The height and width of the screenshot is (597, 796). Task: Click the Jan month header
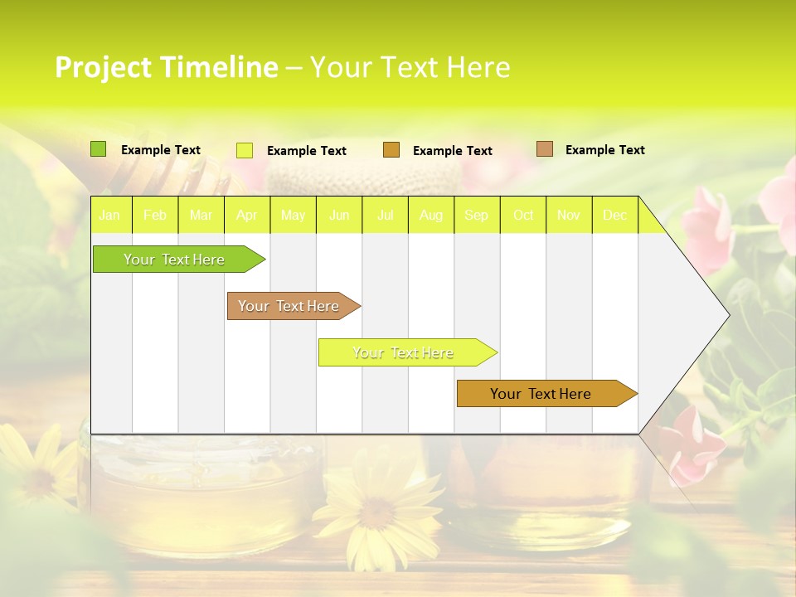coord(109,216)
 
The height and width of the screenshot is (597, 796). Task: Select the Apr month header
coord(247,216)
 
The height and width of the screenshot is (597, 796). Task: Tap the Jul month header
coord(385,216)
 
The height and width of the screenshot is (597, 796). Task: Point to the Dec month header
coord(614,216)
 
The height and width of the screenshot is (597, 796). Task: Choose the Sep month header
coord(476,216)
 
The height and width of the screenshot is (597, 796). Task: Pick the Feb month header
coord(155,216)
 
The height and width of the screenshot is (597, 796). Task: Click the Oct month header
coord(523,216)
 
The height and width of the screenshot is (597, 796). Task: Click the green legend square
coord(98,149)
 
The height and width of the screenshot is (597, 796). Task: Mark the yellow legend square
coord(245,150)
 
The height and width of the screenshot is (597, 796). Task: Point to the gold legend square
coord(391,150)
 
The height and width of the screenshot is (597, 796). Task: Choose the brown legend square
coord(544,149)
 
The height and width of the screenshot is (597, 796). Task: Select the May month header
coord(293,216)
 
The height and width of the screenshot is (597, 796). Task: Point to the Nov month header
coord(569,216)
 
